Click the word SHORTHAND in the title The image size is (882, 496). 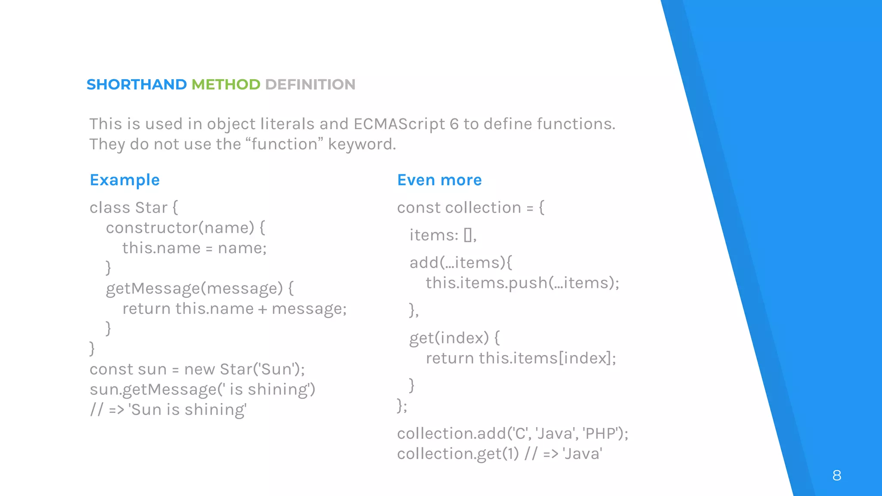137,84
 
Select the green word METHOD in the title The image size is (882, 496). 226,84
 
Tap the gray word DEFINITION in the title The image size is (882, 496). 310,84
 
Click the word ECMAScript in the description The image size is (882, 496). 399,124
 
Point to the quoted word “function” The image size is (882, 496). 285,144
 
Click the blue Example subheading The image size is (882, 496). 124,180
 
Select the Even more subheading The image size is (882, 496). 439,180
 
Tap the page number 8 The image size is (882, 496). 837,475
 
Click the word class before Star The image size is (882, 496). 110,208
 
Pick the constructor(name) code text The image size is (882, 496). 180,228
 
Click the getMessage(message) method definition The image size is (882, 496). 194,288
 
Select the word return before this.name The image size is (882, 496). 146,309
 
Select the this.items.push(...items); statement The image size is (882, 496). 522,283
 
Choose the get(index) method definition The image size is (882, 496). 449,338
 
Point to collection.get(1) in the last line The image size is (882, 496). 458,454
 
